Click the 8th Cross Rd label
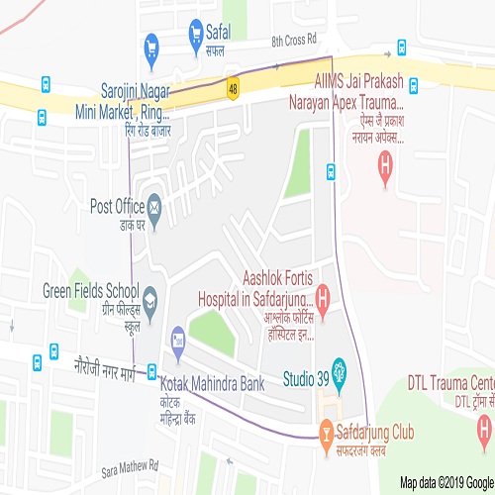pyautogui.click(x=293, y=41)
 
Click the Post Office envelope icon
pyautogui.click(x=154, y=207)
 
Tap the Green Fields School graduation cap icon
pyautogui.click(x=150, y=296)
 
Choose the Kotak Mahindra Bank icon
pyautogui.click(x=178, y=339)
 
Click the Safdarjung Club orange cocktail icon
pyautogui.click(x=325, y=432)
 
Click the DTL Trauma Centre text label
pyautogui.click(x=450, y=382)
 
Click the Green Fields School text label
pyautogui.click(x=90, y=291)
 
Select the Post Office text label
pyautogui.click(x=117, y=206)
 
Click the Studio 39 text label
pyautogui.click(x=305, y=377)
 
